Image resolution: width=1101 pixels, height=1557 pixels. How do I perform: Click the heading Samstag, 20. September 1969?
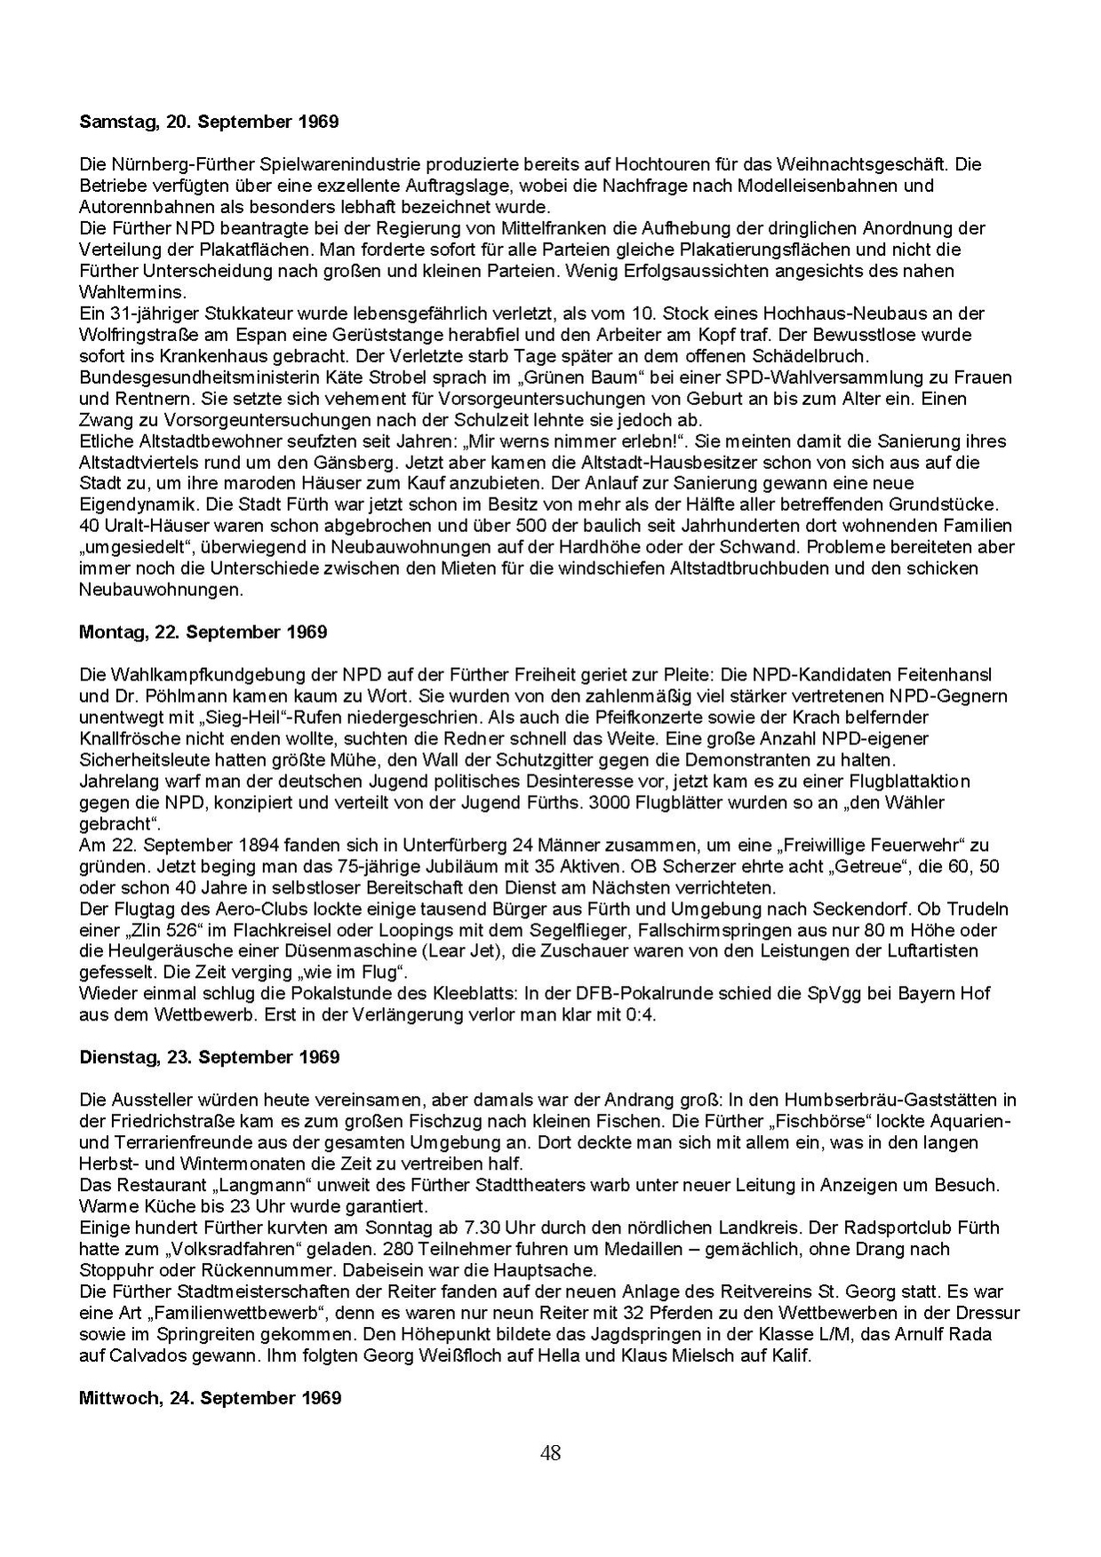(x=209, y=122)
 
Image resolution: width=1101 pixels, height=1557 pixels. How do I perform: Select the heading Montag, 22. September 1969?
(x=203, y=632)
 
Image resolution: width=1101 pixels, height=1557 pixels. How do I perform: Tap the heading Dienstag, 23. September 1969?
(x=209, y=1057)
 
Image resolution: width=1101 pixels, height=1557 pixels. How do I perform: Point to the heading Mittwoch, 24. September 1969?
(x=210, y=1398)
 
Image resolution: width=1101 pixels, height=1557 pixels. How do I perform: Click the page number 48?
(x=550, y=1453)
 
